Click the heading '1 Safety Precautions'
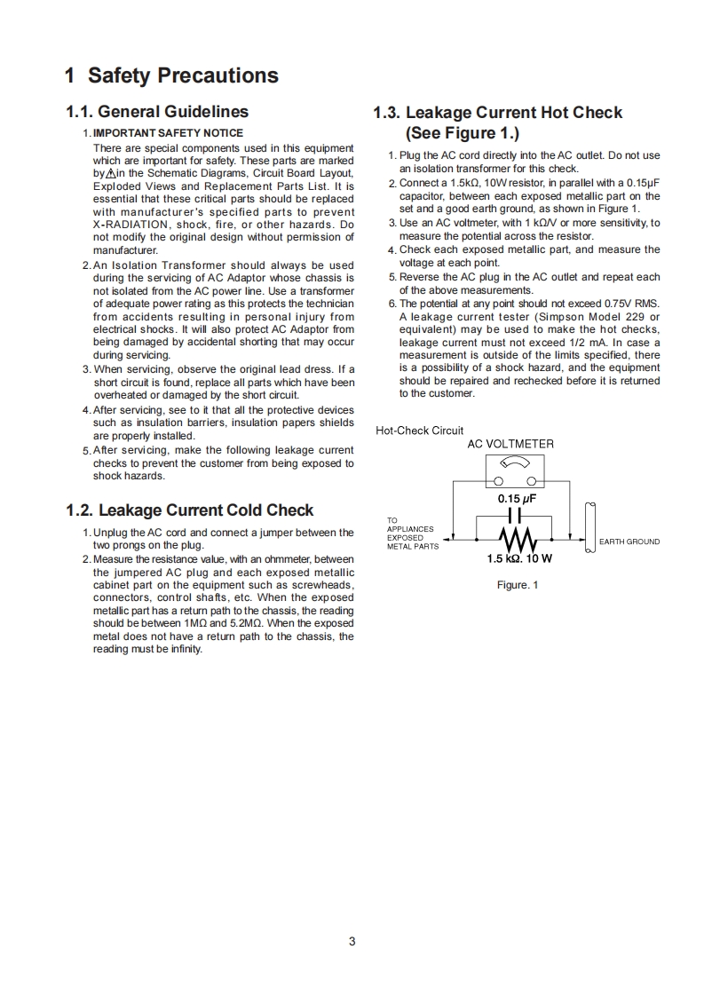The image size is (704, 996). (x=171, y=75)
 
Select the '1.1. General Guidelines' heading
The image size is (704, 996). (x=157, y=112)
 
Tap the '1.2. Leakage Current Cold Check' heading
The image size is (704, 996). (x=189, y=510)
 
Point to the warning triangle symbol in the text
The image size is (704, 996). (x=110, y=174)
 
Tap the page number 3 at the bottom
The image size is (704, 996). (x=352, y=941)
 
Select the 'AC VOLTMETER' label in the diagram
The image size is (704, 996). (x=510, y=444)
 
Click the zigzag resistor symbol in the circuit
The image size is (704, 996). (x=515, y=538)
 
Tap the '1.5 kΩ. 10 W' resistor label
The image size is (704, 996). (x=519, y=559)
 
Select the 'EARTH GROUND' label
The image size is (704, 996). (x=629, y=541)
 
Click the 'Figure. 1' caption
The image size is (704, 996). (x=517, y=584)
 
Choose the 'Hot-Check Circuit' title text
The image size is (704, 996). (x=420, y=431)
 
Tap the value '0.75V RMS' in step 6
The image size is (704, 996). (x=632, y=304)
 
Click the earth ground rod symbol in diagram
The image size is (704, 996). (x=589, y=526)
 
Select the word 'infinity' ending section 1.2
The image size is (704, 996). (x=186, y=649)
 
